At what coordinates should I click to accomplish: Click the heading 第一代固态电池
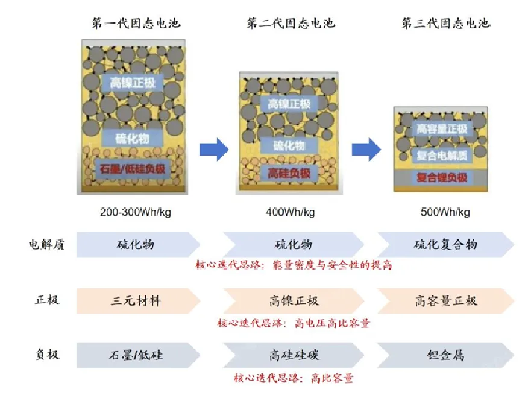point(136,24)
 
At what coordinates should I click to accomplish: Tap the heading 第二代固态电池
point(291,24)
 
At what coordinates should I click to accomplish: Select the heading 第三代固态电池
point(445,24)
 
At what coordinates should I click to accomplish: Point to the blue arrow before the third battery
point(366,148)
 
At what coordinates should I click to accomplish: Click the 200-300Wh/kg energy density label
point(136,212)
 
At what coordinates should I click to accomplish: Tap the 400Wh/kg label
point(290,212)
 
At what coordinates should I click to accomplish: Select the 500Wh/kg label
point(446,212)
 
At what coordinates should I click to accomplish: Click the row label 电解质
point(46,244)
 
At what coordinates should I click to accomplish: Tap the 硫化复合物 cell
point(445,244)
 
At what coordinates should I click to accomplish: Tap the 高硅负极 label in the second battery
point(289,174)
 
